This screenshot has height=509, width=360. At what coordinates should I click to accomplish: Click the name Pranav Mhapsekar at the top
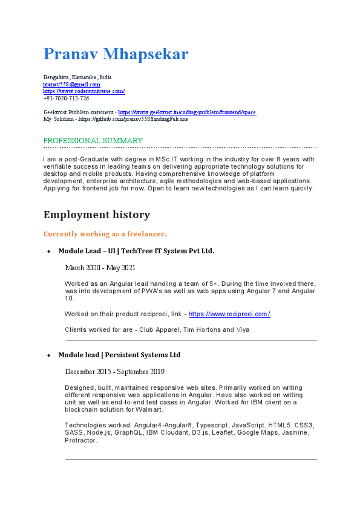pyautogui.click(x=116, y=54)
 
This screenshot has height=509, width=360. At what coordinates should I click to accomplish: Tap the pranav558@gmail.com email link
pyautogui.click(x=71, y=85)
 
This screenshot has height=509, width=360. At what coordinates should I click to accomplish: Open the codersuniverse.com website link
pyautogui.click(x=84, y=91)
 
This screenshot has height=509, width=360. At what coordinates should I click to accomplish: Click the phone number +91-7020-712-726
pyautogui.click(x=66, y=98)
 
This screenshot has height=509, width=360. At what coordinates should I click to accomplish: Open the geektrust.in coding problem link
pyautogui.click(x=187, y=112)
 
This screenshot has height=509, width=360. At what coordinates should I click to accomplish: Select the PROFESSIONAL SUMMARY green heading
pyautogui.click(x=93, y=141)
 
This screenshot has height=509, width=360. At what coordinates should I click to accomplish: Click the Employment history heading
pyautogui.click(x=97, y=215)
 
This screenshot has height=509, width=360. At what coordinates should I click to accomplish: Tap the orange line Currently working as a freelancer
pyautogui.click(x=105, y=233)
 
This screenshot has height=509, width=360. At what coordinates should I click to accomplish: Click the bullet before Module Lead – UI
pyautogui.click(x=48, y=251)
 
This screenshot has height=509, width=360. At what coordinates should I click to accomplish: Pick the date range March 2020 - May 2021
pyautogui.click(x=100, y=268)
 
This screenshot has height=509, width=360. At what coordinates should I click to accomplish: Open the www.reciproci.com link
pyautogui.click(x=229, y=314)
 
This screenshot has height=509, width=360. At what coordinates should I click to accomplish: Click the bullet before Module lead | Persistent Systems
pyautogui.click(x=48, y=355)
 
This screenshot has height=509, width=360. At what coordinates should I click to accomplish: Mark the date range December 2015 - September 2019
pyautogui.click(x=114, y=372)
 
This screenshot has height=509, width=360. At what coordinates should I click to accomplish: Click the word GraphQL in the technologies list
pyautogui.click(x=132, y=433)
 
